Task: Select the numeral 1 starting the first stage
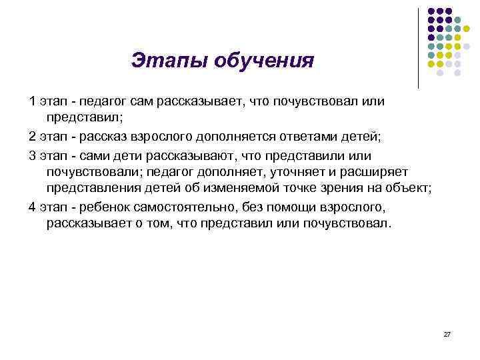[x=33, y=101]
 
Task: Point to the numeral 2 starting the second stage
[x=33, y=136]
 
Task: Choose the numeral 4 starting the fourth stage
[x=33, y=205]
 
